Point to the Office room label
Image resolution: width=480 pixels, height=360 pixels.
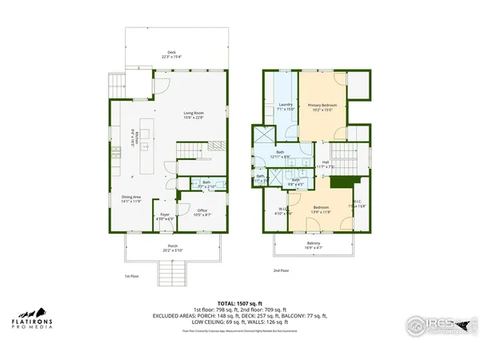[x=202, y=212]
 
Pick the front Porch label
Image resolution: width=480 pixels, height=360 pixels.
[x=172, y=247]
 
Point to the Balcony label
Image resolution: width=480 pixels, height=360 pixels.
[x=314, y=245]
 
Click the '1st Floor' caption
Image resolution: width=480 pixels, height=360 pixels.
[x=133, y=276]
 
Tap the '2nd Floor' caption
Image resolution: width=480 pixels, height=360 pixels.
[x=281, y=270]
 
